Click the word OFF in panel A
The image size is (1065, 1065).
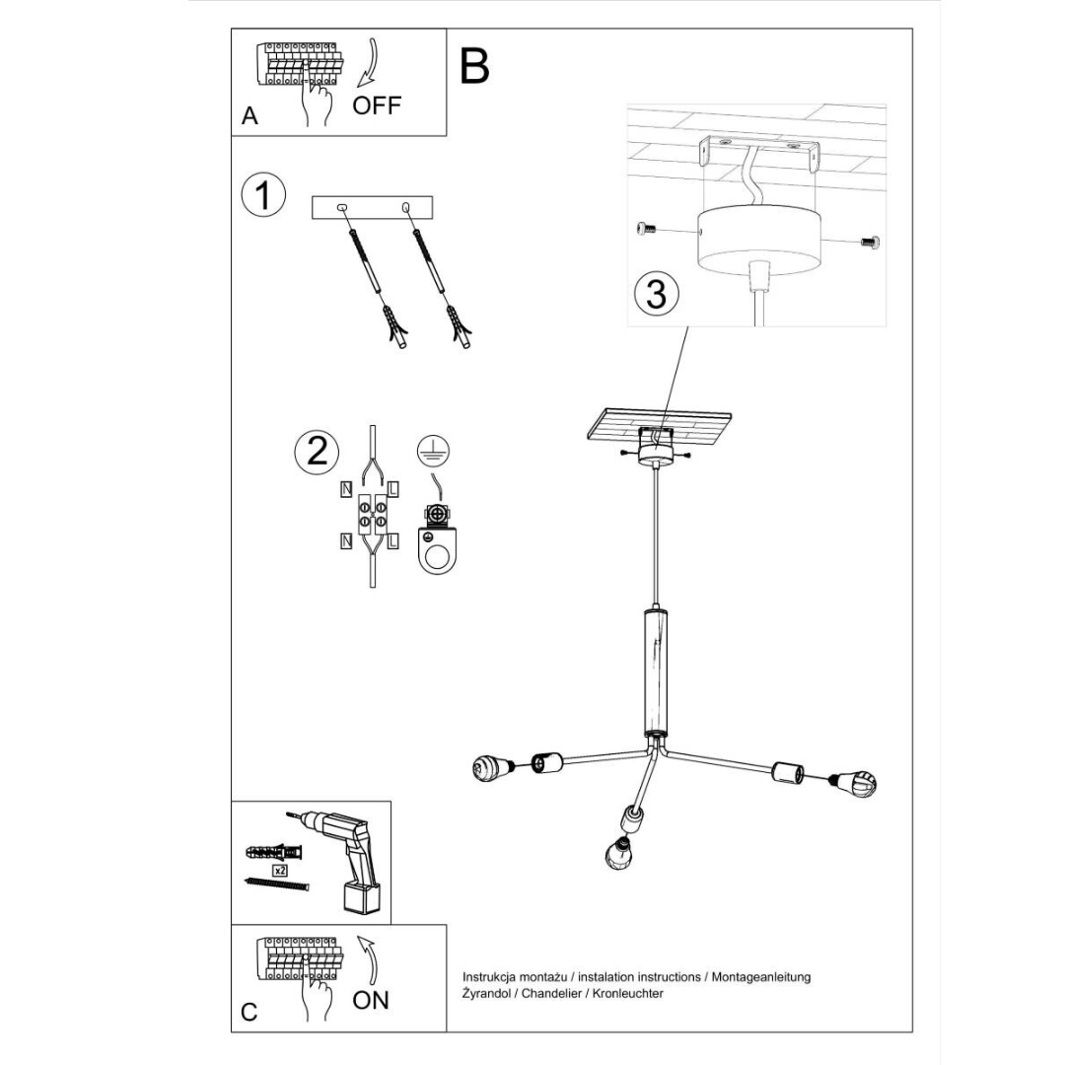tap(377, 105)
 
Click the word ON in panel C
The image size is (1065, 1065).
tap(371, 1000)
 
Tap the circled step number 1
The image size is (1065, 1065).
tap(263, 195)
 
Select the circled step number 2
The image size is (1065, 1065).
tap(318, 451)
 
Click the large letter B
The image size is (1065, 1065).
tap(474, 66)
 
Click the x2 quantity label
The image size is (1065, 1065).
tap(280, 871)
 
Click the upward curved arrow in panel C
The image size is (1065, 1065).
tap(369, 958)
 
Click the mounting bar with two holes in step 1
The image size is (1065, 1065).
tap(373, 208)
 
